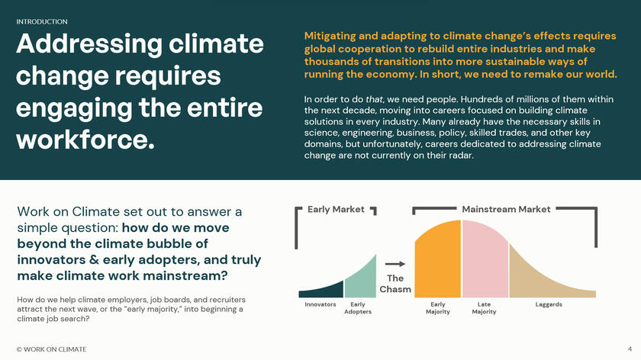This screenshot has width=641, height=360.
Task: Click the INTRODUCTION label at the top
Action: pyautogui.click(x=42, y=22)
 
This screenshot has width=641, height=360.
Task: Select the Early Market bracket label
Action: pyautogui.click(x=336, y=209)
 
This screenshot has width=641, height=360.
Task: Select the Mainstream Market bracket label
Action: pyautogui.click(x=506, y=209)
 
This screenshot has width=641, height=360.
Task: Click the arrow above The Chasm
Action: pyautogui.click(x=396, y=263)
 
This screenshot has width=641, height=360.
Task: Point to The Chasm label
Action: pyautogui.click(x=395, y=284)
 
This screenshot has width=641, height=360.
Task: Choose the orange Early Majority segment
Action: pyautogui.click(x=438, y=259)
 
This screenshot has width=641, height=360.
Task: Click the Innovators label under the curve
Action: pyautogui.click(x=320, y=304)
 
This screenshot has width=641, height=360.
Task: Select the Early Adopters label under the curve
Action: pyautogui.click(x=357, y=308)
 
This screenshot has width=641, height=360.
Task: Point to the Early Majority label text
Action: pyautogui.click(x=437, y=308)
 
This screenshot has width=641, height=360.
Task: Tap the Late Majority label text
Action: pyautogui.click(x=484, y=308)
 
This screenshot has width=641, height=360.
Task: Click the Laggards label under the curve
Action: pyautogui.click(x=549, y=304)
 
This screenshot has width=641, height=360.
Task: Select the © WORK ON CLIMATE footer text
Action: pyautogui.click(x=51, y=349)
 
